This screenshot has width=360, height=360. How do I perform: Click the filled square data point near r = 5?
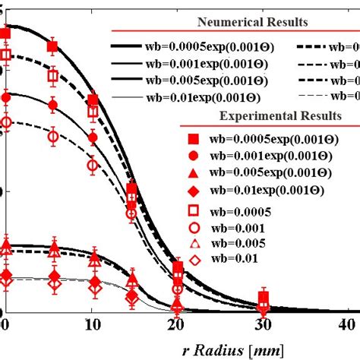pyautogui.click(x=52, y=47)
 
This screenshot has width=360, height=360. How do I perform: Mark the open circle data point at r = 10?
pyautogui.click(x=93, y=165)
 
